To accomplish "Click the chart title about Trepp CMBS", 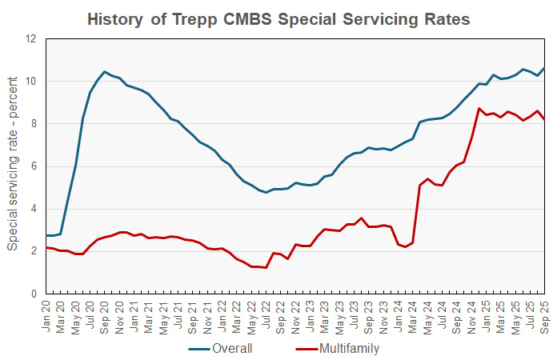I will click(x=278, y=18).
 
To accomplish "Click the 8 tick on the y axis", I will click(x=33, y=124).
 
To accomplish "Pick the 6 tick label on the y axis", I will click(x=33, y=166).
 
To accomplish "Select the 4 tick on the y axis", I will click(x=33, y=209).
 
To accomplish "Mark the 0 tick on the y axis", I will click(x=33, y=294).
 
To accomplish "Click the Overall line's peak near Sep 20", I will click(x=105, y=72).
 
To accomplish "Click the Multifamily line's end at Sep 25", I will click(x=545, y=120).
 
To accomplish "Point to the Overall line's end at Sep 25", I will click(x=545, y=68).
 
